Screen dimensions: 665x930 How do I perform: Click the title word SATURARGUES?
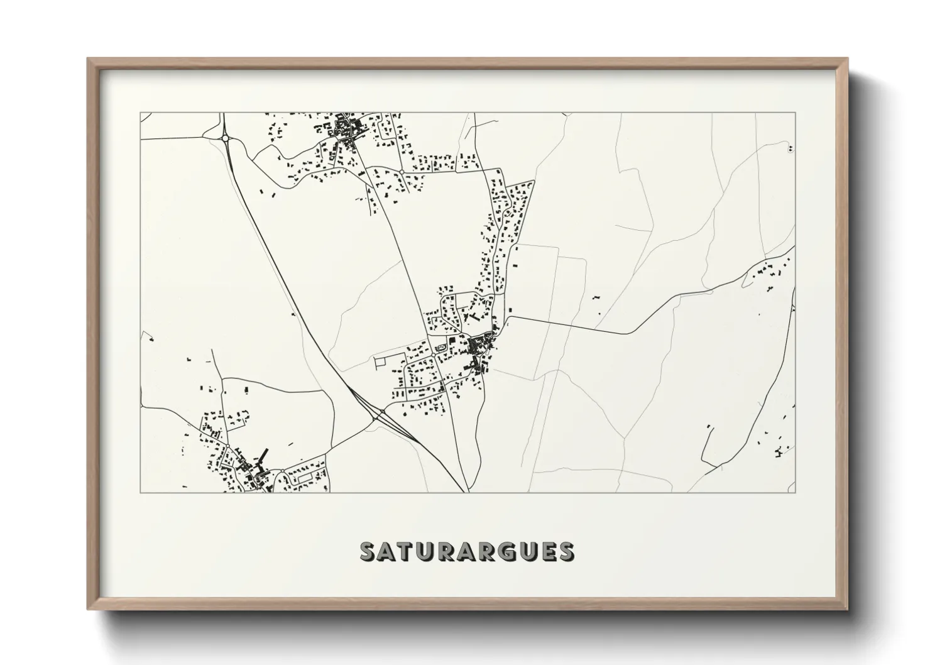pos(466,551)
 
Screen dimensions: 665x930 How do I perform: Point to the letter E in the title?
pos(547,551)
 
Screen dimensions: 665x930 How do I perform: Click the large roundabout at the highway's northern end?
pos(225,138)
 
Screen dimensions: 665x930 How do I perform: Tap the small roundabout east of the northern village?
pos(402,172)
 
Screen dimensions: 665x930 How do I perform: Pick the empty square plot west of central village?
pos(382,363)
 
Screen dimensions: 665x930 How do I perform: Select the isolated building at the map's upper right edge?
pos(789,149)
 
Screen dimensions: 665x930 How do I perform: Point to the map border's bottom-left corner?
pos(140,492)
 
